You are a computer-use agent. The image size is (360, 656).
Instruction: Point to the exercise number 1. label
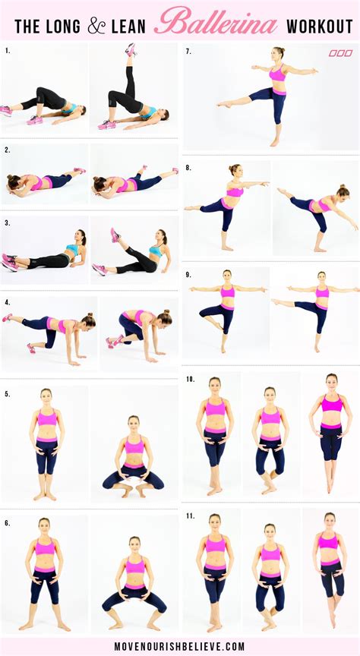coord(7,52)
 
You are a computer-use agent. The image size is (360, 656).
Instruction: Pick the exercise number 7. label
coord(188,52)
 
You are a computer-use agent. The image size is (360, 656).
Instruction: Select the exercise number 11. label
coord(189,516)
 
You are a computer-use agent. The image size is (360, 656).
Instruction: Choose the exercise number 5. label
coord(7,393)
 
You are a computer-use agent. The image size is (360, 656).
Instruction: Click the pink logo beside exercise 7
coord(340,53)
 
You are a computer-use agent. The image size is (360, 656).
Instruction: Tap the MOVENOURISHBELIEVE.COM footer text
coord(180,646)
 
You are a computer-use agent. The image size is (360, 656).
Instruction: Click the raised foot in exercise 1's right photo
coord(131,49)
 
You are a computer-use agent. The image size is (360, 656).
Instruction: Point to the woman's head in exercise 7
coord(279,53)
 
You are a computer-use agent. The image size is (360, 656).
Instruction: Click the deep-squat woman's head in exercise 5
coord(134,421)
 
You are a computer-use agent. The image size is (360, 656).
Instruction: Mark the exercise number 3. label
coord(7,223)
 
